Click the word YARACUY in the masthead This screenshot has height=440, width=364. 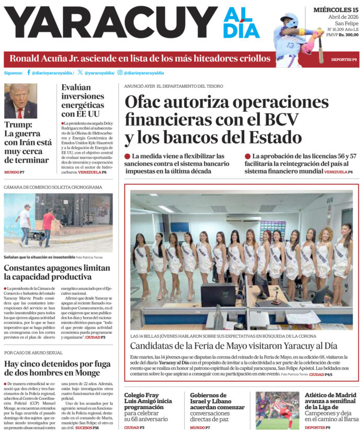(x=110, y=23)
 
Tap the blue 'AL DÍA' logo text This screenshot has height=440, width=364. (x=241, y=23)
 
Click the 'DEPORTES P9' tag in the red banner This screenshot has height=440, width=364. (x=344, y=60)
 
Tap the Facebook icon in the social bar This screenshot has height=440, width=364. (x=29, y=73)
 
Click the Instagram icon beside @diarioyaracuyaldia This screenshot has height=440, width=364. (x=120, y=73)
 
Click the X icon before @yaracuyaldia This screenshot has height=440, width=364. (x=80, y=73)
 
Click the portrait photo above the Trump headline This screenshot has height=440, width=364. (x=20, y=101)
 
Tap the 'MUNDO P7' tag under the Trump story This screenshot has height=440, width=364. (x=14, y=172)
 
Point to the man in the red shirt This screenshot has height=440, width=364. (x=48, y=225)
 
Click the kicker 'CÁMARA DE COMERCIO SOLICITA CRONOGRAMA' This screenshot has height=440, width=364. (x=53, y=187)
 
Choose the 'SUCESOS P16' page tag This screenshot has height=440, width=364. (x=87, y=427)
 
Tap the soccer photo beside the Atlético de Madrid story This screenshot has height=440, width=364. (x=277, y=410)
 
